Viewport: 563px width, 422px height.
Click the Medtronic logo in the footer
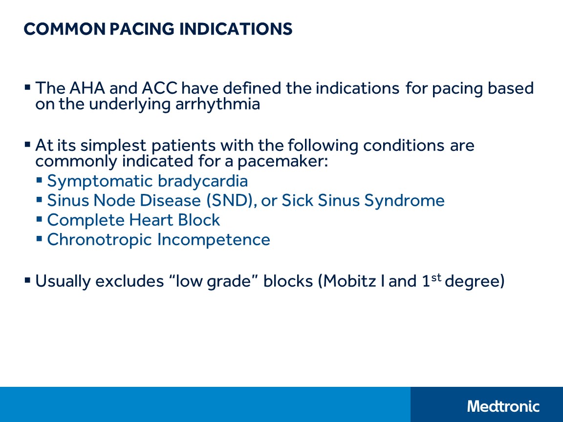click(x=503, y=406)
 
